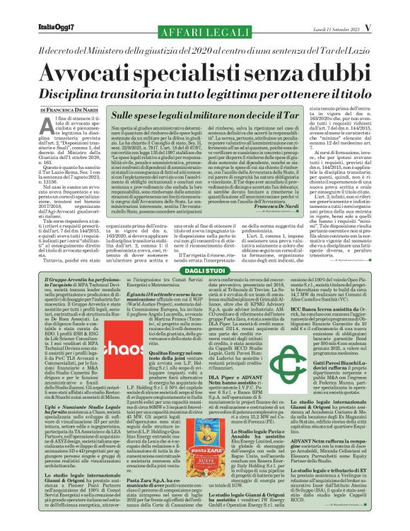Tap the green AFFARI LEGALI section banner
(204, 33)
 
